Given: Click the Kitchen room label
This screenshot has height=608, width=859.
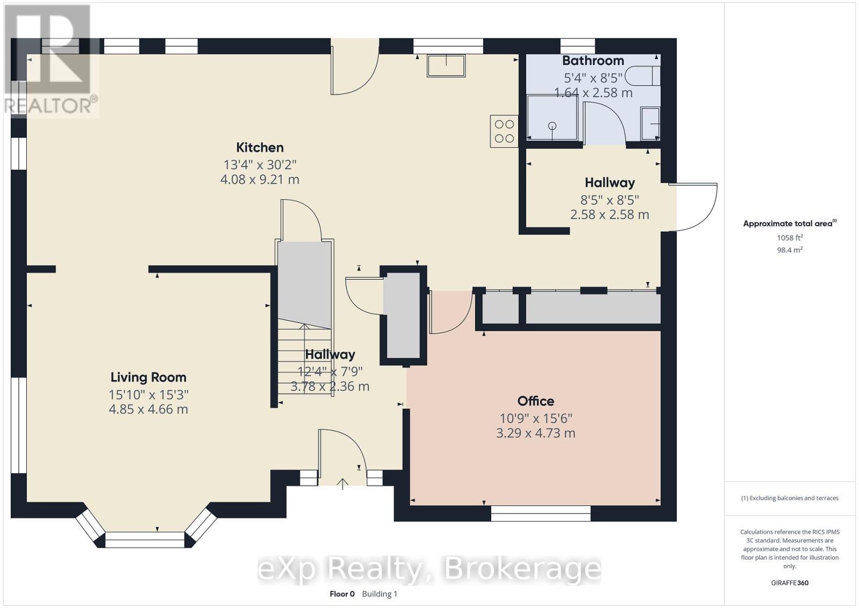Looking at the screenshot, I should [260, 147].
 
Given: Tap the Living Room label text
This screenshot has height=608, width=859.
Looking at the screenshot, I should [148, 377].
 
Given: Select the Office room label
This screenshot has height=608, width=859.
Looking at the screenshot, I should [535, 401].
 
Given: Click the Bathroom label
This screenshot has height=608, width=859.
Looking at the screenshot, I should [593, 61].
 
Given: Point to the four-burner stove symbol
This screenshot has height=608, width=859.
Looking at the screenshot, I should [504, 131].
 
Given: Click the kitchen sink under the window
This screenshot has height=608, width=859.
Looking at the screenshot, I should [446, 65].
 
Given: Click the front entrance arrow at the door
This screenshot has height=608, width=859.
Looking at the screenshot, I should [343, 483].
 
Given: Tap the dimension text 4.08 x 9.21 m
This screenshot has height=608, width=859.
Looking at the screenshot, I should [260, 179].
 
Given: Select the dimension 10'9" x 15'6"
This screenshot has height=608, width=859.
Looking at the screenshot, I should [535, 418].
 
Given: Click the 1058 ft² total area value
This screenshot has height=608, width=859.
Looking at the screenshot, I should [789, 237].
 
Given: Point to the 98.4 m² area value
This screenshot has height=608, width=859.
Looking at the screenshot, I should [789, 250].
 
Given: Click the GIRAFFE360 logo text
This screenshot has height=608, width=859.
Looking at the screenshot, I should [789, 583].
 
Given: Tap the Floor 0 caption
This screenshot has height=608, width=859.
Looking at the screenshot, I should [342, 593].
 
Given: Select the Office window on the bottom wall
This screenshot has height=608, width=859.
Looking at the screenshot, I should [541, 513].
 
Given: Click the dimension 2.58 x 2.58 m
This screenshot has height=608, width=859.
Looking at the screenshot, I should [609, 215].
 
